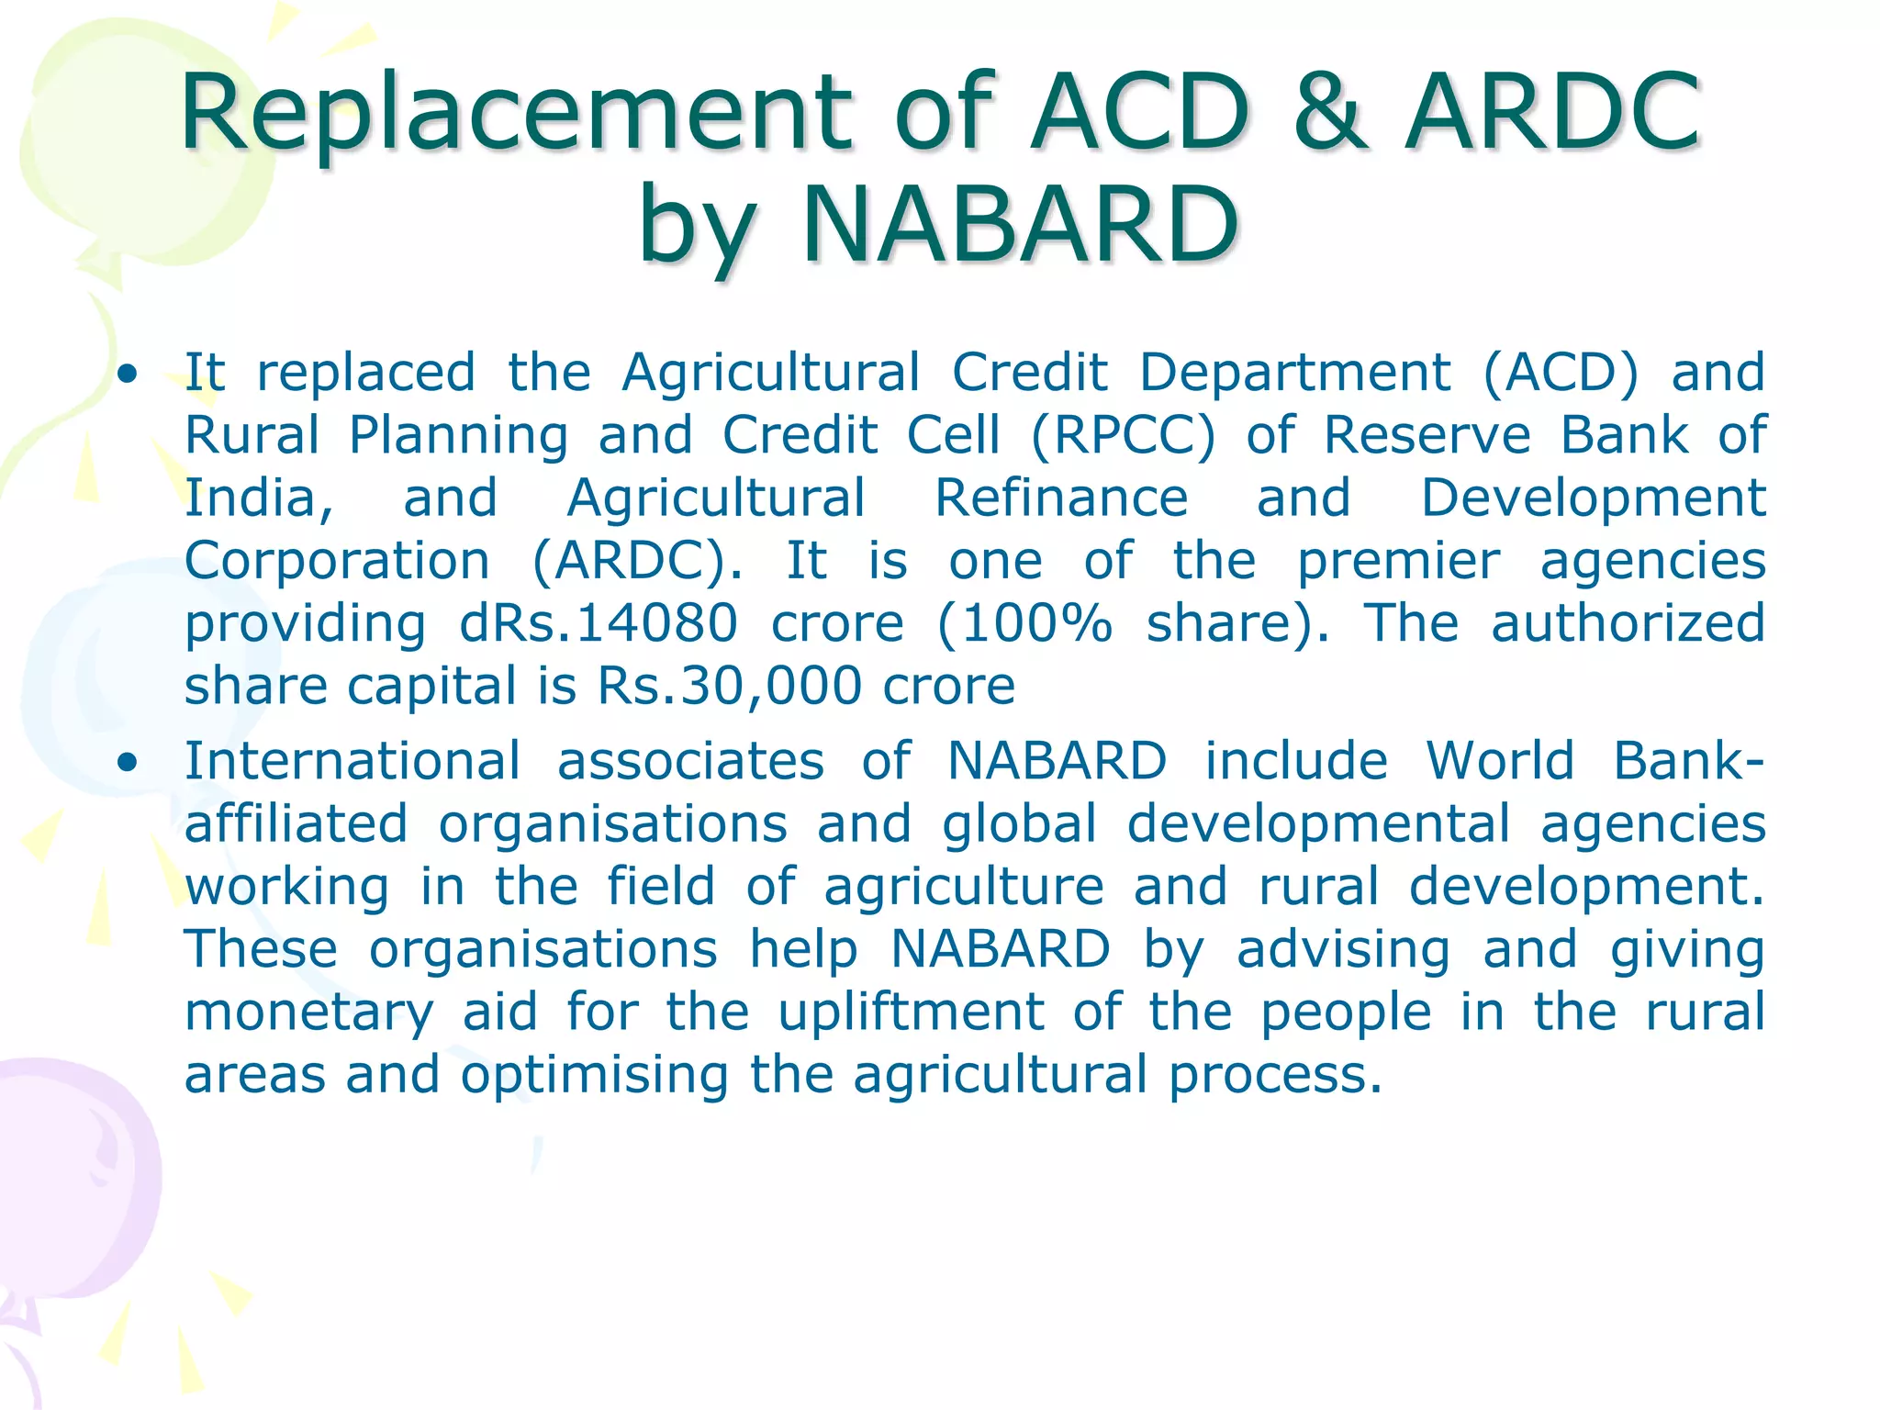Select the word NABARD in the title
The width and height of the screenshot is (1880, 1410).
coord(1020,225)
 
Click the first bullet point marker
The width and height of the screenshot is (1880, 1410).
coord(129,375)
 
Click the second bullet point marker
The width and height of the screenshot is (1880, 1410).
coord(129,763)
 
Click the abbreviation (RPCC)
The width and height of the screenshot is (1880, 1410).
coord(1122,435)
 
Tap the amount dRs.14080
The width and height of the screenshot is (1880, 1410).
coord(598,623)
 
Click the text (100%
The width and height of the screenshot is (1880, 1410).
coord(1025,623)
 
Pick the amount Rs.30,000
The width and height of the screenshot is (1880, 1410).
coord(729,686)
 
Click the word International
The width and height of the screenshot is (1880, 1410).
coord(352,761)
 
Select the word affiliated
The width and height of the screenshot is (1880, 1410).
coord(296,823)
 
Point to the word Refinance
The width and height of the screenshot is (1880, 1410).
coord(1061,498)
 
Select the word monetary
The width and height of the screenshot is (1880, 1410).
coord(308,1013)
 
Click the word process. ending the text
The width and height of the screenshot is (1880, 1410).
coord(1274,1076)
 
